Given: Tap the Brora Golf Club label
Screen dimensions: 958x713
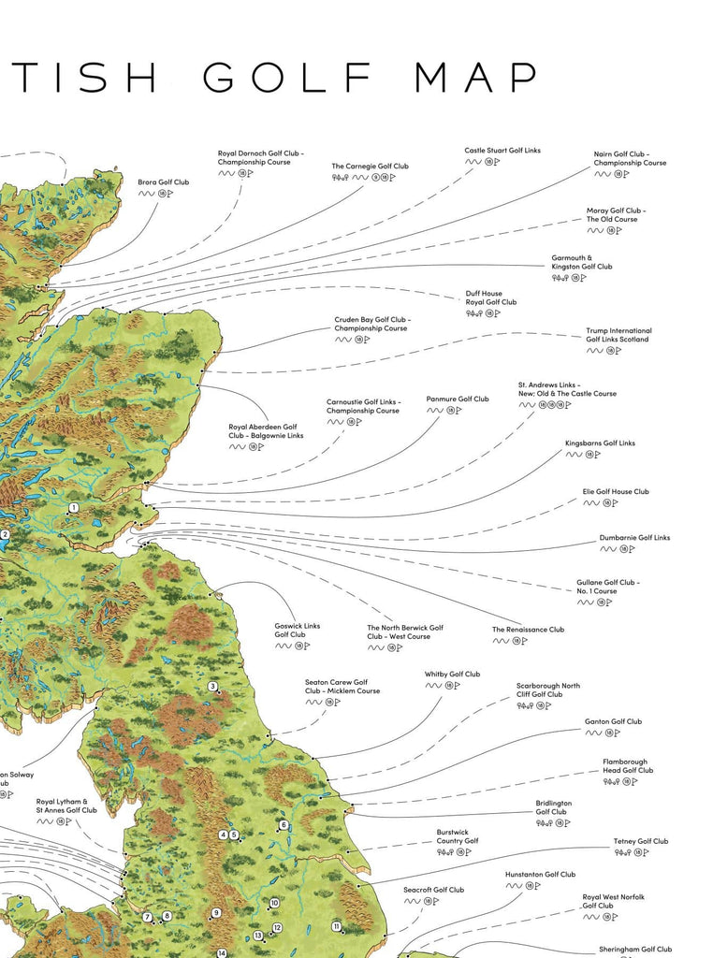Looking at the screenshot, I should pos(164,182).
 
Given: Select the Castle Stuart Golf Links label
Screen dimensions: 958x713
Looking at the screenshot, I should pos(502,151).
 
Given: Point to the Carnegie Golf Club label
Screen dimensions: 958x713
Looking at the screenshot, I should pos(370,167).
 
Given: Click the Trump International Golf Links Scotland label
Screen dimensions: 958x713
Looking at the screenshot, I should pos(618,335).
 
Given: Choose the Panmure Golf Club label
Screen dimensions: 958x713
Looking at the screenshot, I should pos(458,399).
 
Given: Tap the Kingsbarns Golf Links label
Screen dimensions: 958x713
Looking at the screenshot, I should pos(600,443).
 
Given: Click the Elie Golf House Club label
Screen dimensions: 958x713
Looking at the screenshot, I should pos(616,492).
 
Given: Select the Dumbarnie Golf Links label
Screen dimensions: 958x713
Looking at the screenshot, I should pos(634,538).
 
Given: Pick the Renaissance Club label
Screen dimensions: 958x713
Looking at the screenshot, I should pos(529,630).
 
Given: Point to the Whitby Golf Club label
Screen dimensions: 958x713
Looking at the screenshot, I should pos(452,675).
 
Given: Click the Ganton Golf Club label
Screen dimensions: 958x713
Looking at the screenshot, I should pos(613,722).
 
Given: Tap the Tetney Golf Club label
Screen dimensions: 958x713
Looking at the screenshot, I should pos(641,842).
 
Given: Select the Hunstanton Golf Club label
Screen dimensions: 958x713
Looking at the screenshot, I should pos(540,875).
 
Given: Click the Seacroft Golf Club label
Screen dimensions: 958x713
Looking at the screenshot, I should pos(433,890).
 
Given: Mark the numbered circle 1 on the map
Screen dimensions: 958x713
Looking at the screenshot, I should pos(72,508).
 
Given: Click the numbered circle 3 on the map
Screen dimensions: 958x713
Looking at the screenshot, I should pos(212,687).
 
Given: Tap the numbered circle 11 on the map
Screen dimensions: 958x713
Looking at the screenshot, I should pos(336,926).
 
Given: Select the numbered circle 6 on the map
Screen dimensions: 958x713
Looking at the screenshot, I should pos(283,825).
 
